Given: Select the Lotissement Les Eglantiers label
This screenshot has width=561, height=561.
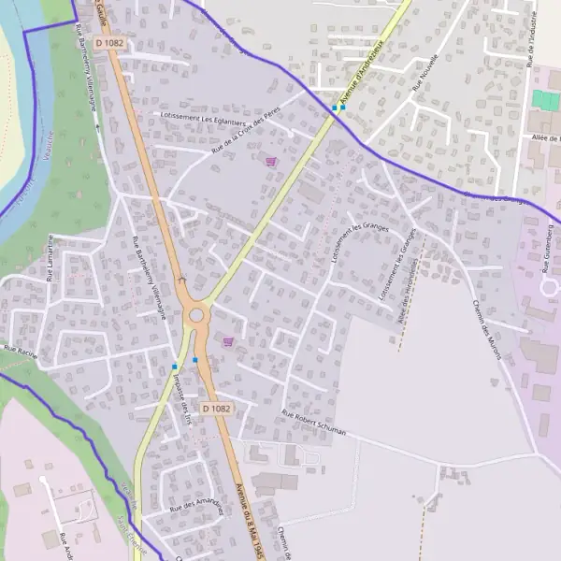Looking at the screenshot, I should coord(204,123).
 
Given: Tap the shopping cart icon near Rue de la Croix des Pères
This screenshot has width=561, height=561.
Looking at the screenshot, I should coord(271,161).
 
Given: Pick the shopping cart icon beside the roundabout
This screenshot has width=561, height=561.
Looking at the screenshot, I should coord(228,342).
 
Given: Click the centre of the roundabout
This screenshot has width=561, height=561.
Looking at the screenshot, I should coord(196,315).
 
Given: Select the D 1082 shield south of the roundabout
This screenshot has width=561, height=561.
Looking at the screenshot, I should coord(216,409).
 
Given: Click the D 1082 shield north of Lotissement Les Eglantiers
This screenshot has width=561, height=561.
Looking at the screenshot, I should coord(109,43).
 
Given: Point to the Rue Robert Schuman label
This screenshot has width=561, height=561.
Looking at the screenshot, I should coord(314,424).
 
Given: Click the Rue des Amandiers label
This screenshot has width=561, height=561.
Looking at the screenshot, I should coord(195,505).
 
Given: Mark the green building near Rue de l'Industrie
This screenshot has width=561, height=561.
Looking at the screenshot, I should coord(542,99).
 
